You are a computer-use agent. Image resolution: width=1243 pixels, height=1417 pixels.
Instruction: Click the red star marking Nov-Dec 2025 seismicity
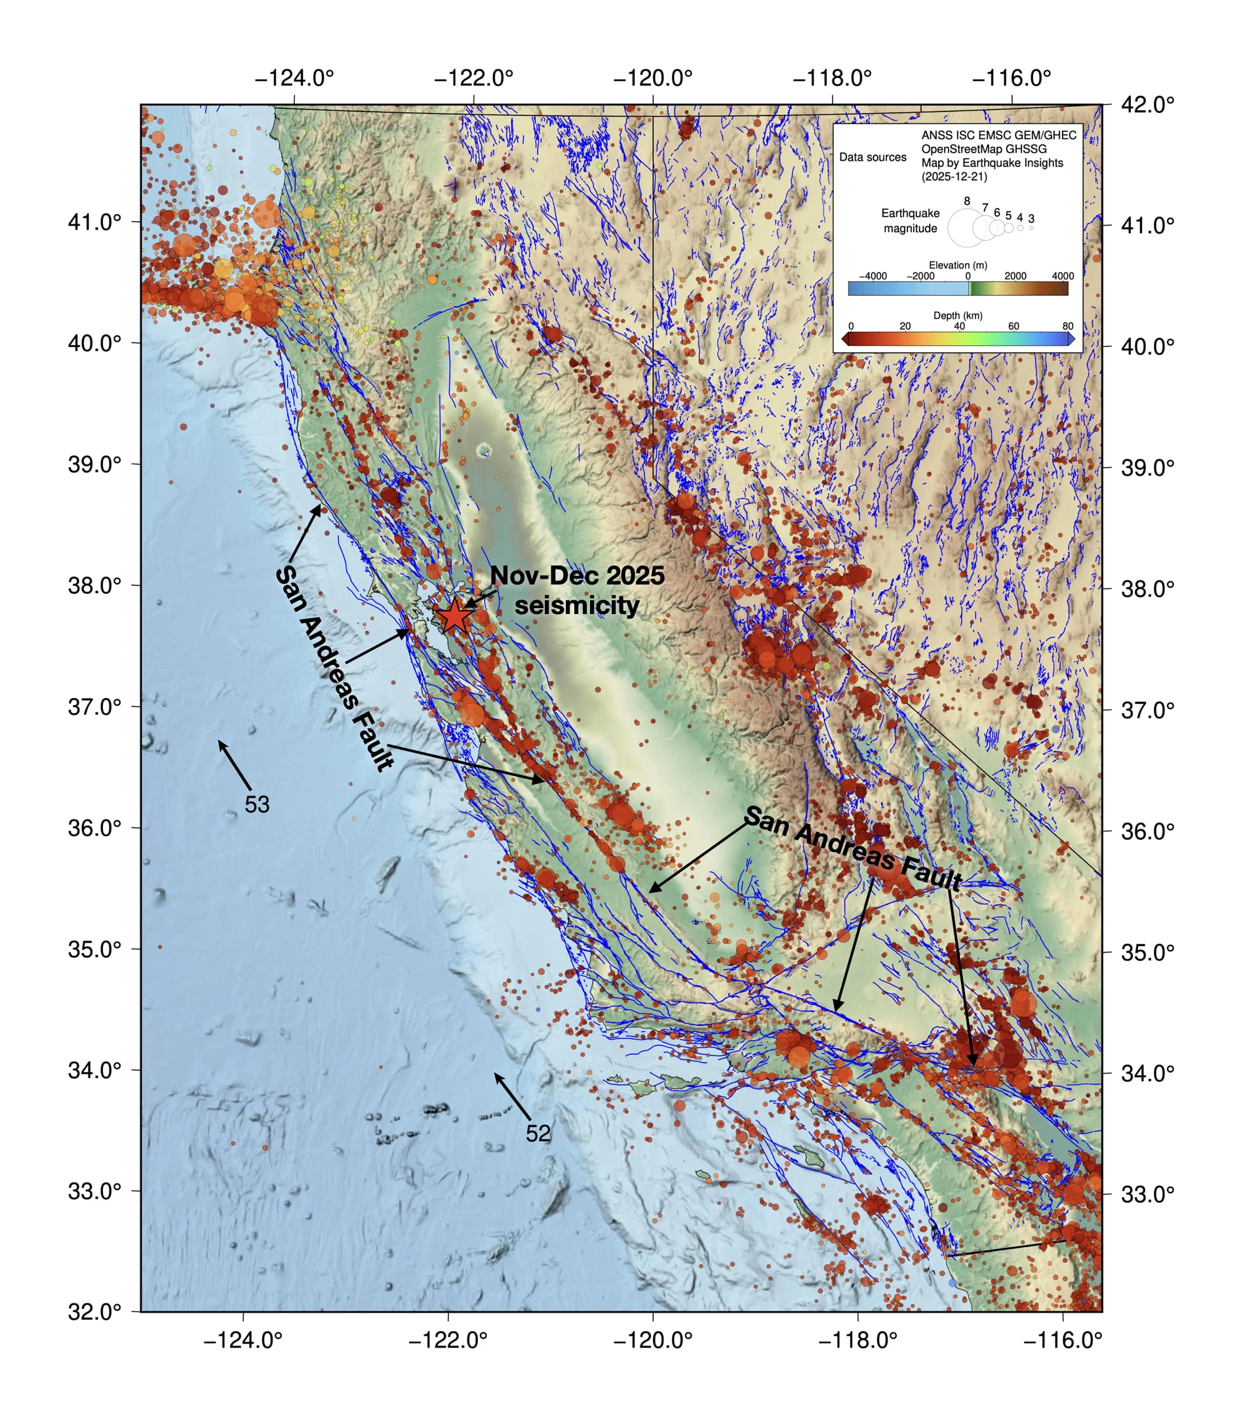click(454, 615)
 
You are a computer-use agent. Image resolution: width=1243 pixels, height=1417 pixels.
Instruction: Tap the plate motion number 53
click(256, 804)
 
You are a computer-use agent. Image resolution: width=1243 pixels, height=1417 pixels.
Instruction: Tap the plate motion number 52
click(538, 1133)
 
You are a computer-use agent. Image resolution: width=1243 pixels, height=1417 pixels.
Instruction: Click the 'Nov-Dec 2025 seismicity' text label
click(576, 590)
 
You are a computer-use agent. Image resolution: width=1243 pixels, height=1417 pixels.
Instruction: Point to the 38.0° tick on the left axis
click(131, 585)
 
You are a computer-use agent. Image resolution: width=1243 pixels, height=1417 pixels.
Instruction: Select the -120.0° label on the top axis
click(653, 77)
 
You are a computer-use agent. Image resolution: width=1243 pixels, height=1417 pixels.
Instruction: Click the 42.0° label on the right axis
click(1147, 105)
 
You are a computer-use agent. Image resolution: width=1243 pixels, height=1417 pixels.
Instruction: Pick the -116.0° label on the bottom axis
click(1062, 1340)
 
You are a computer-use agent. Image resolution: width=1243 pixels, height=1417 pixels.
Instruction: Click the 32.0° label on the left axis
click(94, 1311)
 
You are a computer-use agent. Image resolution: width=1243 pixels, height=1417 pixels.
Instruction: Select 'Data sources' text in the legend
click(873, 157)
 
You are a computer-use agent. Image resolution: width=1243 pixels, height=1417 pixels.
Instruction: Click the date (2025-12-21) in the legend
click(954, 176)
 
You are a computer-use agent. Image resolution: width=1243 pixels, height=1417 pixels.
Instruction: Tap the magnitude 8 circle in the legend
click(966, 228)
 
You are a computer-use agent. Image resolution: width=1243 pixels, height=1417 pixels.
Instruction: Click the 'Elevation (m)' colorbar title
click(958, 265)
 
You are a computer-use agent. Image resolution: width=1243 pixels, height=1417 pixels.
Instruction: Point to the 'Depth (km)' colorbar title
click(958, 316)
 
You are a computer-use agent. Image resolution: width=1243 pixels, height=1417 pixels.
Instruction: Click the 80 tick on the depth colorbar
click(1067, 326)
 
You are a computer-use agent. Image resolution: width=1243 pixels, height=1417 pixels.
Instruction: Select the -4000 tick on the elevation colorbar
click(873, 276)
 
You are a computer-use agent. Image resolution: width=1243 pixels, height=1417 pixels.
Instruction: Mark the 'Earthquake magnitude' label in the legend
click(910, 220)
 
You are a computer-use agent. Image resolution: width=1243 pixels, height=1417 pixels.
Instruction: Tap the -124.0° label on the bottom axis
click(243, 1340)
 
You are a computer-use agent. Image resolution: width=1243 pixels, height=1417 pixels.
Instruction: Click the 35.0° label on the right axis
click(1147, 952)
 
